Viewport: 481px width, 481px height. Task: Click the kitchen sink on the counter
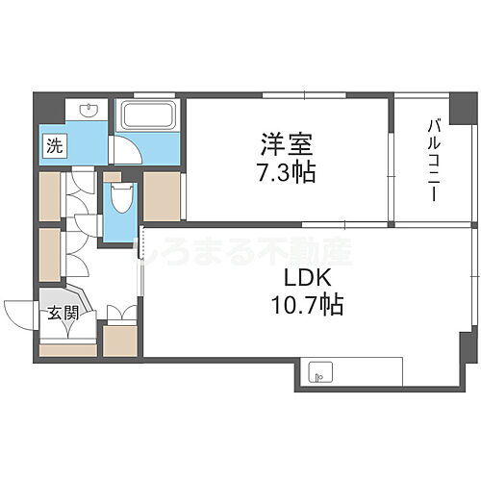[x=319, y=371]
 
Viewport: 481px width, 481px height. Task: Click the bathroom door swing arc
[x=122, y=149]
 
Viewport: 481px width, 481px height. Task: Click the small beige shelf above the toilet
[x=113, y=176]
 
